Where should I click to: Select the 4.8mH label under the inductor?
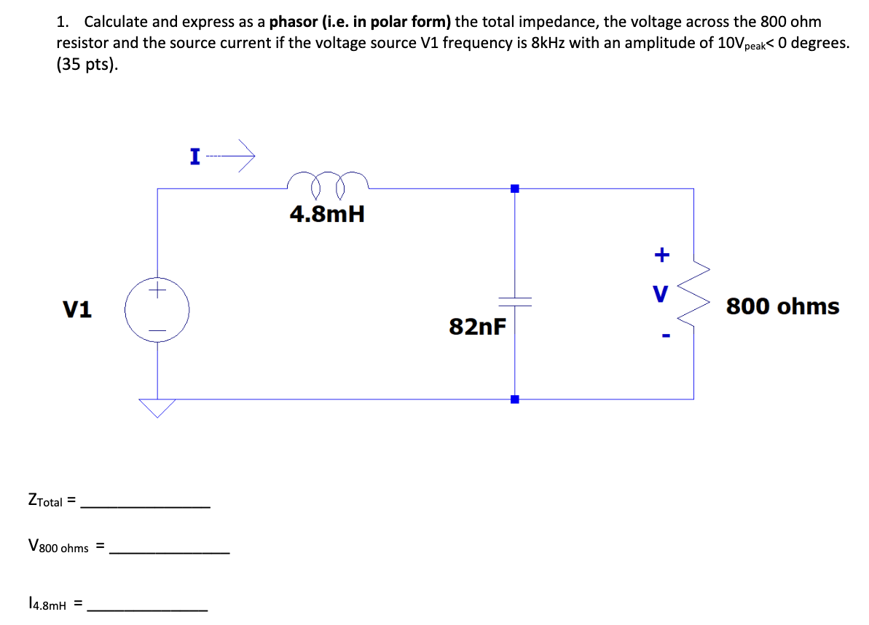point(327,214)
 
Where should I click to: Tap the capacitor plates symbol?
point(515,300)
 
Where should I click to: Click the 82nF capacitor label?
point(477,327)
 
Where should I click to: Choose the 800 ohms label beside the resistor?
point(782,306)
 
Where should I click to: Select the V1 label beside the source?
point(77,310)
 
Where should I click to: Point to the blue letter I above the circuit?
point(194,156)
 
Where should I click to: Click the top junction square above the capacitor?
point(515,188)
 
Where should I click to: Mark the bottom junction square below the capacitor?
point(515,399)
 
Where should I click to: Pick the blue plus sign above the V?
point(661,255)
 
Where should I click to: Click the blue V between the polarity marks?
point(661,295)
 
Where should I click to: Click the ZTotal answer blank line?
point(146,506)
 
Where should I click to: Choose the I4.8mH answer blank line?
point(147,609)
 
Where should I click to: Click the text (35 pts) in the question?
point(87,64)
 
